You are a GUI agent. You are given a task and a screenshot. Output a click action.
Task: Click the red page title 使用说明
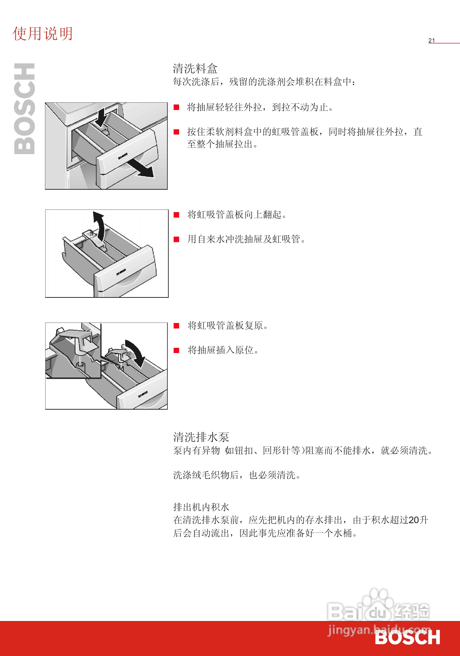tap(42, 34)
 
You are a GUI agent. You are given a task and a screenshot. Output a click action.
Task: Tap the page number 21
tap(431, 41)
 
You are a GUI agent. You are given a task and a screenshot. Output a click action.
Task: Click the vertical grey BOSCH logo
tap(25, 109)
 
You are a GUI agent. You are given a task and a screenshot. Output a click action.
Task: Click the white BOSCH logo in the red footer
tap(407, 637)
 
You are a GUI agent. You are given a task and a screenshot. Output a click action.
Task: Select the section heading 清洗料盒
tap(195, 69)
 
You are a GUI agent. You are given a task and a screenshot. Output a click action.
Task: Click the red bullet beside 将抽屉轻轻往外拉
tap(176, 107)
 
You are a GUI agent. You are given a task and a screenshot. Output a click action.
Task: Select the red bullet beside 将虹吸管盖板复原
tap(176, 326)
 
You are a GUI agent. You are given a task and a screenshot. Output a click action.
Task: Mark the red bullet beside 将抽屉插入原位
tap(176, 350)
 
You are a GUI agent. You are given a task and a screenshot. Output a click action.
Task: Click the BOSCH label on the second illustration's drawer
tap(121, 272)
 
